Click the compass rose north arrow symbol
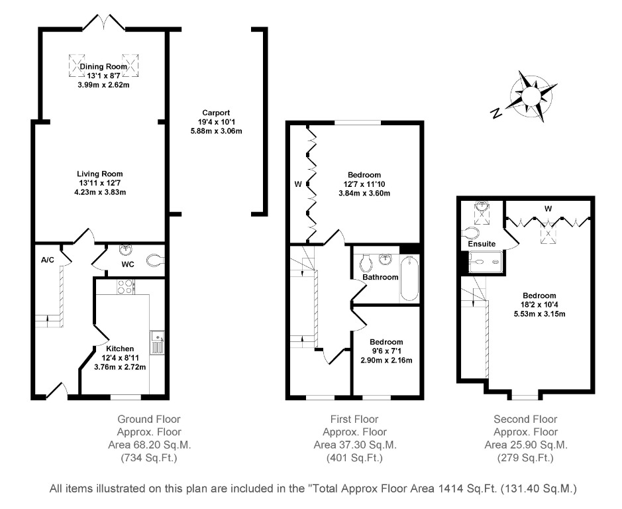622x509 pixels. pyautogui.click(x=530, y=97)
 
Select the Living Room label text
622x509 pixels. pyautogui.click(x=100, y=174)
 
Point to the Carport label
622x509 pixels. pyautogui.click(x=216, y=113)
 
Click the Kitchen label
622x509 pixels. pyautogui.click(x=120, y=349)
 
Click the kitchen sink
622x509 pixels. pyautogui.click(x=158, y=343)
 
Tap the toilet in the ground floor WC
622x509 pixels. pyautogui.click(x=153, y=260)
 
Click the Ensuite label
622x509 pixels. pyautogui.click(x=482, y=244)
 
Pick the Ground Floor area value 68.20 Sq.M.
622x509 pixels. pyautogui.click(x=148, y=445)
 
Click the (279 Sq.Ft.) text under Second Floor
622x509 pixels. pyautogui.click(x=525, y=457)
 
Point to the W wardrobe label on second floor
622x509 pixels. pyautogui.click(x=548, y=209)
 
